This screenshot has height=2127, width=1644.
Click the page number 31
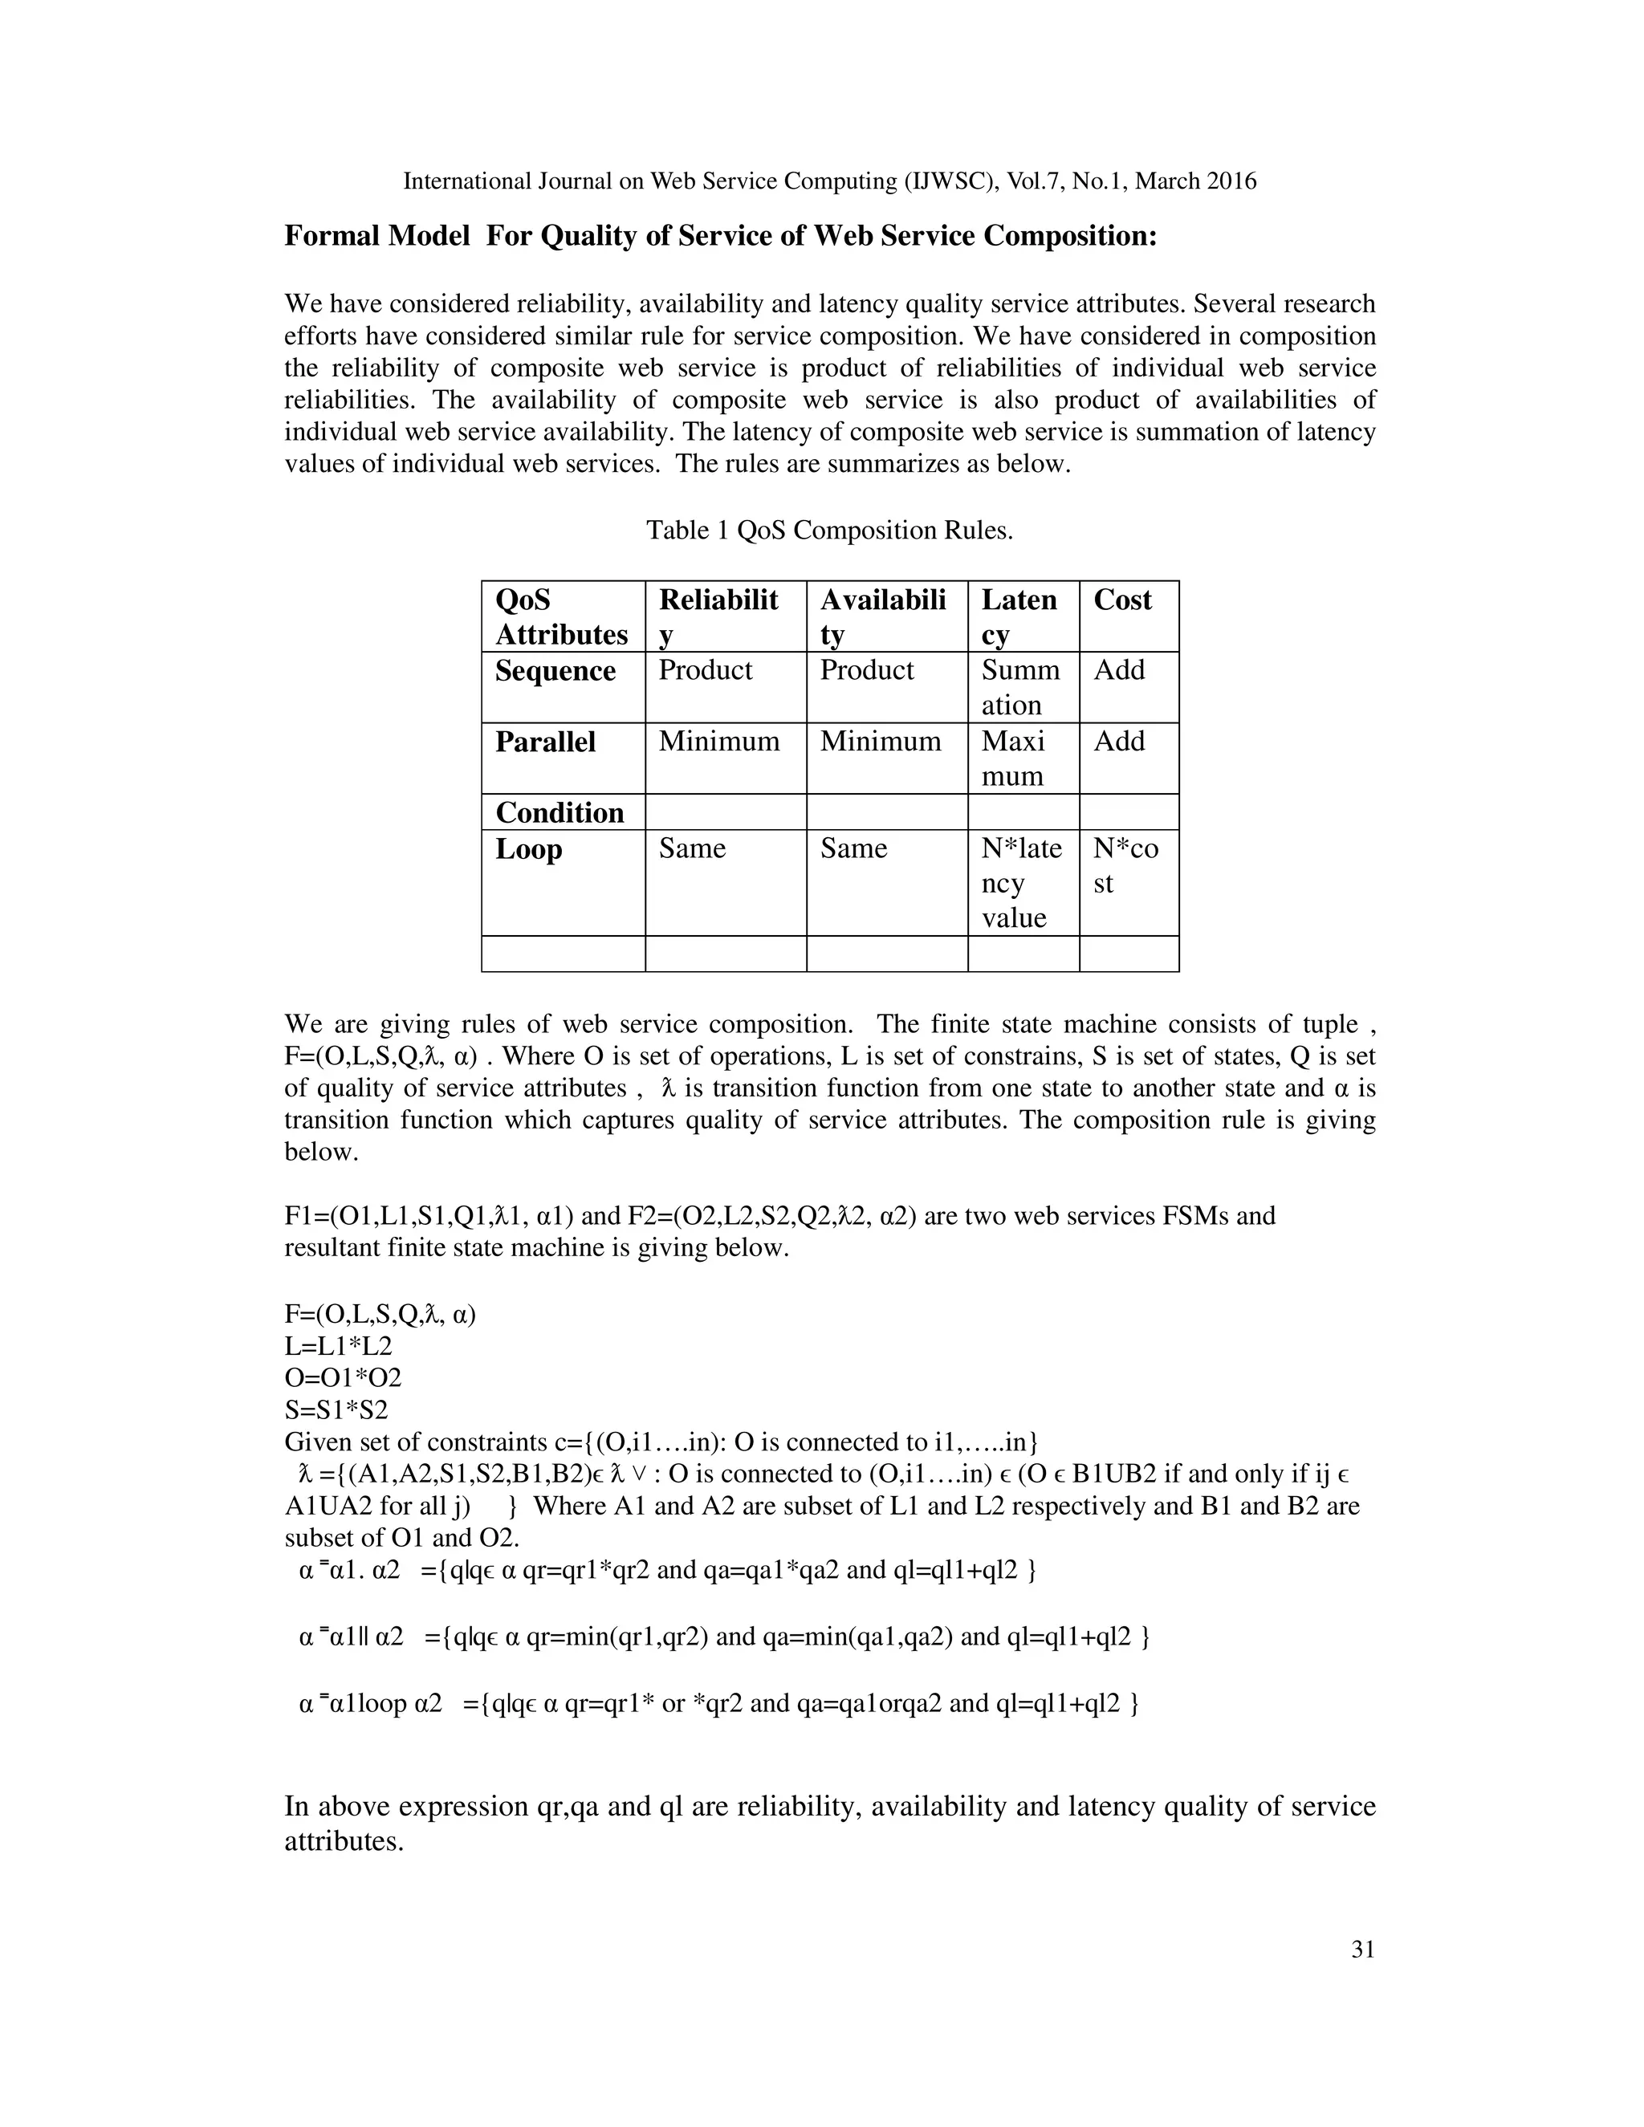point(1362,1949)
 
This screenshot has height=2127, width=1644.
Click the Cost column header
point(1122,600)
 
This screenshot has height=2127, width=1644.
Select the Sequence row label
point(555,671)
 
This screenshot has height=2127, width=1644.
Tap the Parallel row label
point(545,742)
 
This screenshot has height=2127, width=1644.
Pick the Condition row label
point(560,812)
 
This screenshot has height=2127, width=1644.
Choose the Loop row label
point(529,849)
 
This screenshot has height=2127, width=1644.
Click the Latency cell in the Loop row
point(1021,882)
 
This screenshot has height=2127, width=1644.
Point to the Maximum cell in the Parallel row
point(1013,758)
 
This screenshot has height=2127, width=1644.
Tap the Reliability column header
point(718,616)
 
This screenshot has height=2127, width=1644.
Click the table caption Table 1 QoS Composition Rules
point(830,531)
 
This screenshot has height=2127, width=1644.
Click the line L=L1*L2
point(338,1346)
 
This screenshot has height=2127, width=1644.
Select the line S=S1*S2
point(336,1409)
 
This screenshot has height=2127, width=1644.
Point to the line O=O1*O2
point(343,1378)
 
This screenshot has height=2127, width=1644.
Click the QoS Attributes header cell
point(561,616)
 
